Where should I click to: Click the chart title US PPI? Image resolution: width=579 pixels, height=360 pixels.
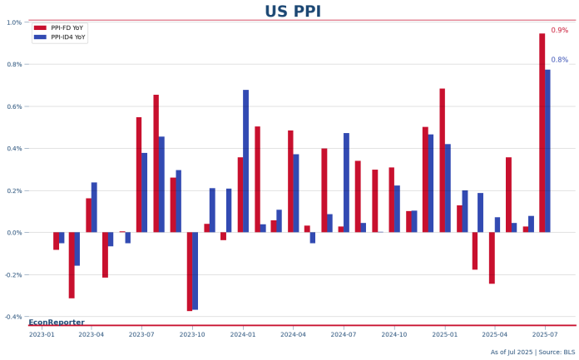pos(292,12)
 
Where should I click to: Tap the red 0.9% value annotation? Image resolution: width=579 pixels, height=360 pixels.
pos(559,31)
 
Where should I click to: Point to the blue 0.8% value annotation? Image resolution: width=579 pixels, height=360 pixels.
pos(559,60)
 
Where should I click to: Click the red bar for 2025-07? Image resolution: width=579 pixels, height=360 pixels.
pos(542,133)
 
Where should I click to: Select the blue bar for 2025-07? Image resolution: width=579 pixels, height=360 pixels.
pos(547,150)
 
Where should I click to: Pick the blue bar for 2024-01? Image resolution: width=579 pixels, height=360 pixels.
pos(246,161)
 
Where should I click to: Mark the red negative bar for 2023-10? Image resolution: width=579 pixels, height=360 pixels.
pos(190,271)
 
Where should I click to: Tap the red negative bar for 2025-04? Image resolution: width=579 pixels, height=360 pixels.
pos(492,258)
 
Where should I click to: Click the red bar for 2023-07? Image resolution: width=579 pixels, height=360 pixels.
pos(139,175)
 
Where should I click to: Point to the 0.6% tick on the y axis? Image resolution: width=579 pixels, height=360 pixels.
pos(14,106)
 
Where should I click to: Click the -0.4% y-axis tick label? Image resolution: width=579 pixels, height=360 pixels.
pos(13,317)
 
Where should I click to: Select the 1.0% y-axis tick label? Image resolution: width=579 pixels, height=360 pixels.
pos(14,22)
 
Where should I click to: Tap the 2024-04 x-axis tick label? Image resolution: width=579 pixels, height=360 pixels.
pos(293,334)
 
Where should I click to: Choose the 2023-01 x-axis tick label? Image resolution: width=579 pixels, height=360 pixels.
pos(42,334)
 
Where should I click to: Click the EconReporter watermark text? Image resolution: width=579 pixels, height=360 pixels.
pos(57,322)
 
